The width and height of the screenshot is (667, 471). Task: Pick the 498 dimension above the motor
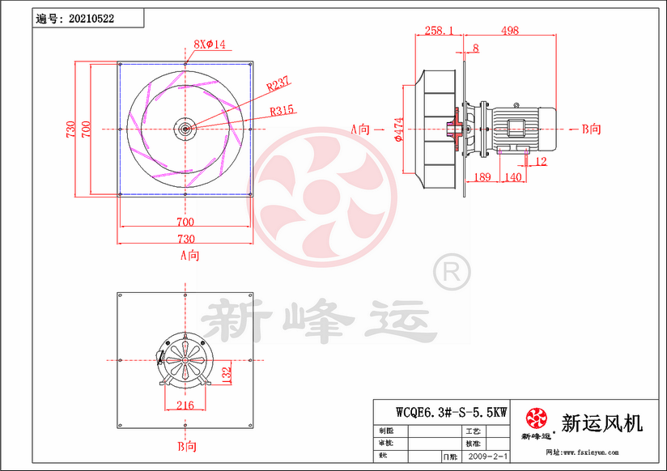click(509, 30)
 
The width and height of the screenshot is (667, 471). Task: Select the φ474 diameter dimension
click(398, 129)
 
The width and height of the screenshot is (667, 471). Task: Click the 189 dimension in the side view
click(482, 176)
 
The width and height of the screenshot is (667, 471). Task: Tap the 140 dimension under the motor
click(512, 176)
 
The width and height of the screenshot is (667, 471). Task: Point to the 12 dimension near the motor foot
click(541, 163)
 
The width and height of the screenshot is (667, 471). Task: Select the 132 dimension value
click(227, 373)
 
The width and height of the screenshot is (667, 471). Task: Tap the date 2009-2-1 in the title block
click(489, 456)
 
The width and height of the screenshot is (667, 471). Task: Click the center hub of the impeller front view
click(185, 128)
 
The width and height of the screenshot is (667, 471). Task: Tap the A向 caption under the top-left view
click(189, 255)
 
